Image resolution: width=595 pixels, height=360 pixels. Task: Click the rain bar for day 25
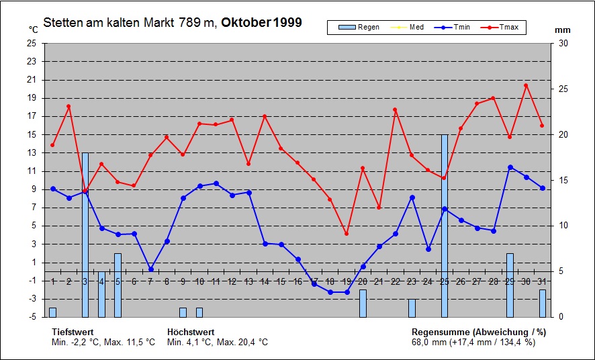click(444, 225)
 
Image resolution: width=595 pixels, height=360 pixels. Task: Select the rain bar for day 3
click(85, 234)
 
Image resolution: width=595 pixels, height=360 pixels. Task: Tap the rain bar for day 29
click(510, 285)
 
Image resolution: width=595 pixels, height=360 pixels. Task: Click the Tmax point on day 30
click(526, 85)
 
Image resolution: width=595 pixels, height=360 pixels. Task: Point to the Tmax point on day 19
click(347, 234)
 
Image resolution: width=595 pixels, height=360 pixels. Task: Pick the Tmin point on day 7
click(150, 269)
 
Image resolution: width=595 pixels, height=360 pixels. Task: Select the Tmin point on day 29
click(510, 167)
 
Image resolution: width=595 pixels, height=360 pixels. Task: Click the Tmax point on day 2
click(68, 106)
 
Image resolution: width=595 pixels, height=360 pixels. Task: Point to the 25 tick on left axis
click(32, 43)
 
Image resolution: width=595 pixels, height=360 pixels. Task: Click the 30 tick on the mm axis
click(563, 43)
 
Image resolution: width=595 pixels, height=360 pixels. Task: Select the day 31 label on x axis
click(543, 281)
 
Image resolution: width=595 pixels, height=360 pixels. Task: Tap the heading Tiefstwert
click(73, 332)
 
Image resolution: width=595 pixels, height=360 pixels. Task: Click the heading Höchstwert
click(191, 332)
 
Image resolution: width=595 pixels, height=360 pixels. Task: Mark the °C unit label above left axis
click(34, 30)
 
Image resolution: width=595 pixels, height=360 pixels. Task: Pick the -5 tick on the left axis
click(32, 316)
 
